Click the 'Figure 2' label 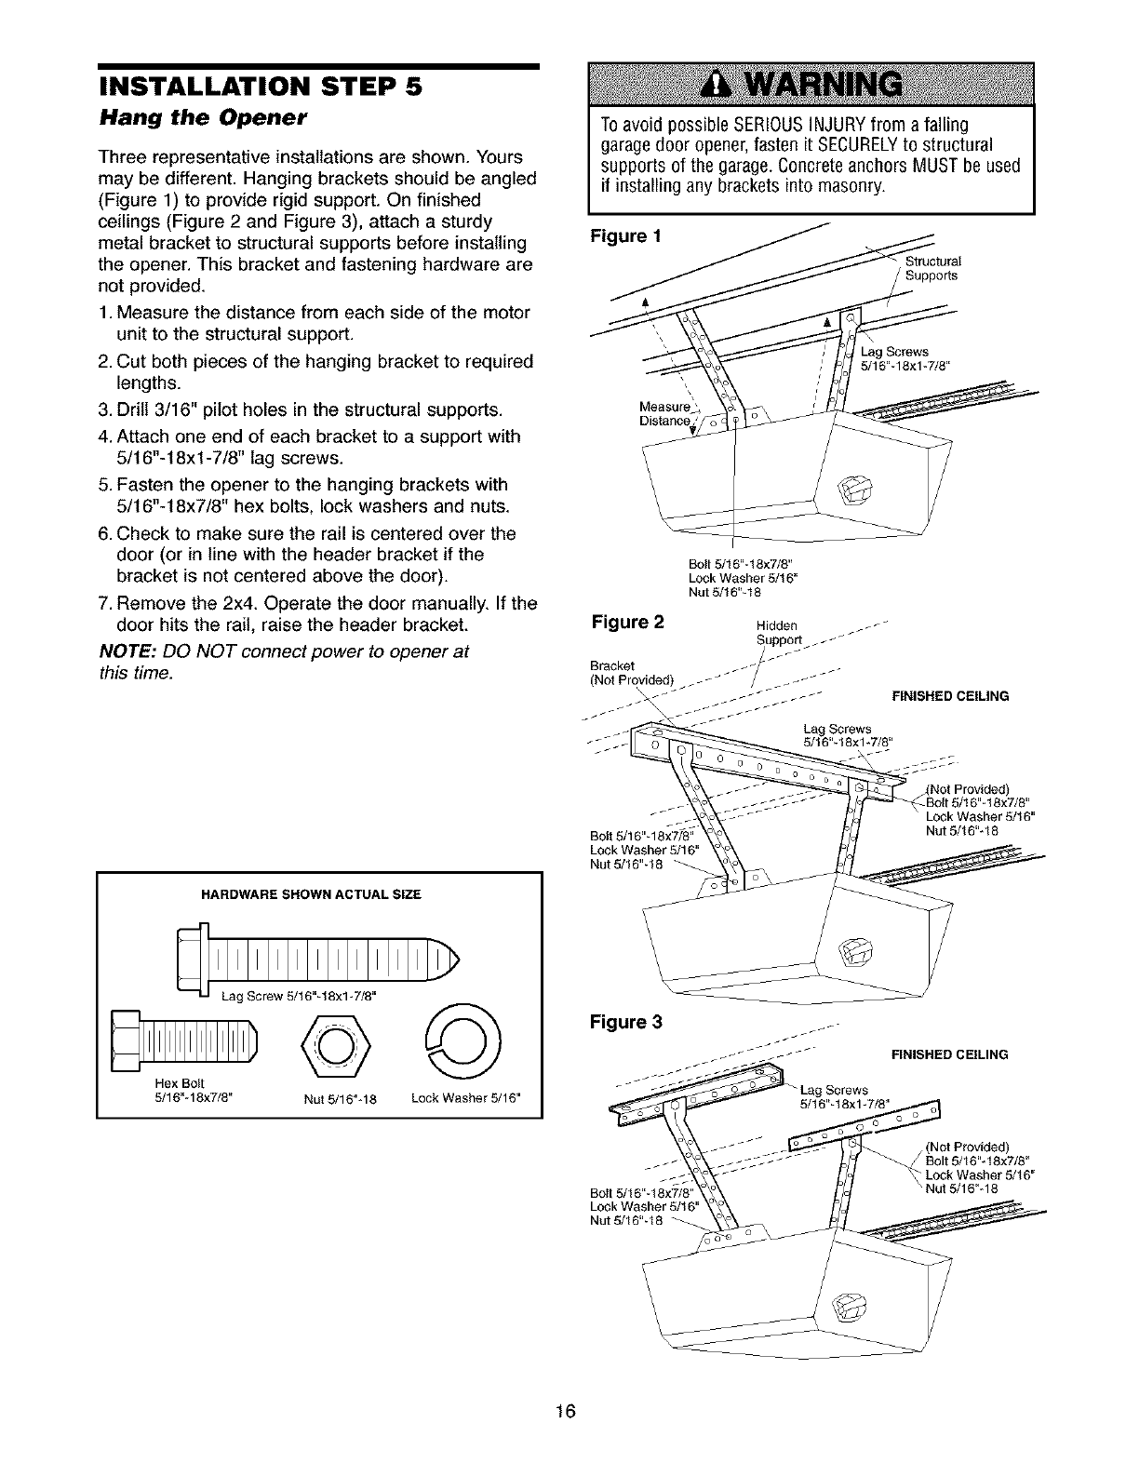[x=627, y=621]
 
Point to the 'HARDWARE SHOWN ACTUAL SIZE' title [x=311, y=894]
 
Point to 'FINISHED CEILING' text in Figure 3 [x=949, y=1054]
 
